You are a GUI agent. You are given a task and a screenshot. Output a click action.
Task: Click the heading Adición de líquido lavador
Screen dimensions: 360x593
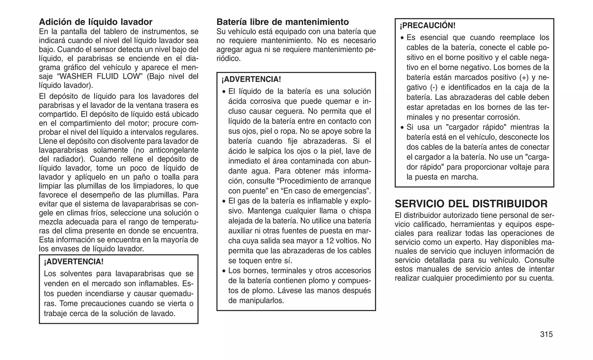click(x=96, y=22)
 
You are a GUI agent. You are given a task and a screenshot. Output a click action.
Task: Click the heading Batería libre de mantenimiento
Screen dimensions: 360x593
click(x=283, y=22)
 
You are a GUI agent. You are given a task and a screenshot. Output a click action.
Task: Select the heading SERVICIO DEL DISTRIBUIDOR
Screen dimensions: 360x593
click(x=471, y=204)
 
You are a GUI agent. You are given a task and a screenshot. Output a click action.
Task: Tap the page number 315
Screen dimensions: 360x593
click(x=546, y=335)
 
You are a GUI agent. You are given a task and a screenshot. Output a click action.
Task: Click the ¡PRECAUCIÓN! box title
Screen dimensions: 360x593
click(x=427, y=26)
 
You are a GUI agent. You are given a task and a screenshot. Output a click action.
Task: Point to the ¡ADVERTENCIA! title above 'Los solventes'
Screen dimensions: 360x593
click(x=74, y=262)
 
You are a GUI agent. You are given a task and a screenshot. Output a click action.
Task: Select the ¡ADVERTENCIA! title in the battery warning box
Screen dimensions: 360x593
click(x=251, y=79)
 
